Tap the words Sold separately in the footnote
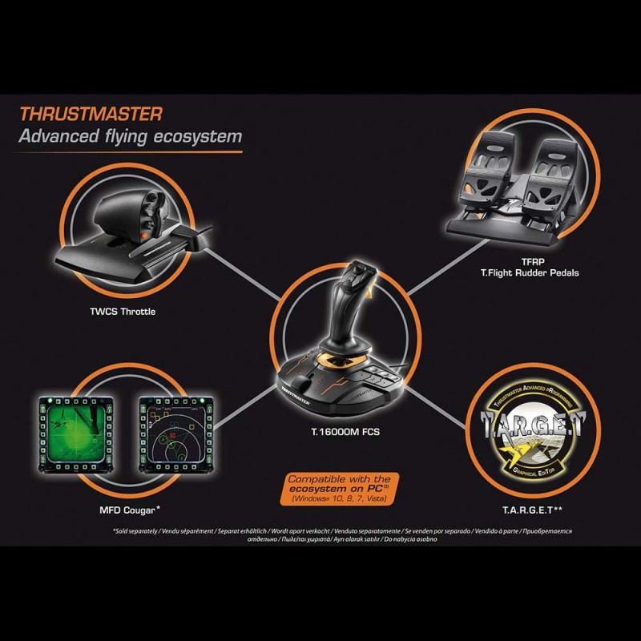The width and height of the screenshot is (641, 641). [x=138, y=532]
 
